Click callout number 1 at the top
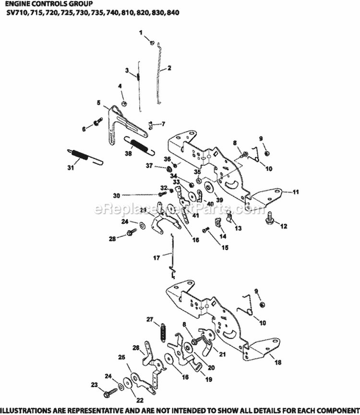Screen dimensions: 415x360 (x=141, y=32)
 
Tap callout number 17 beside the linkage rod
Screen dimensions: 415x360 (x=156, y=258)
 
